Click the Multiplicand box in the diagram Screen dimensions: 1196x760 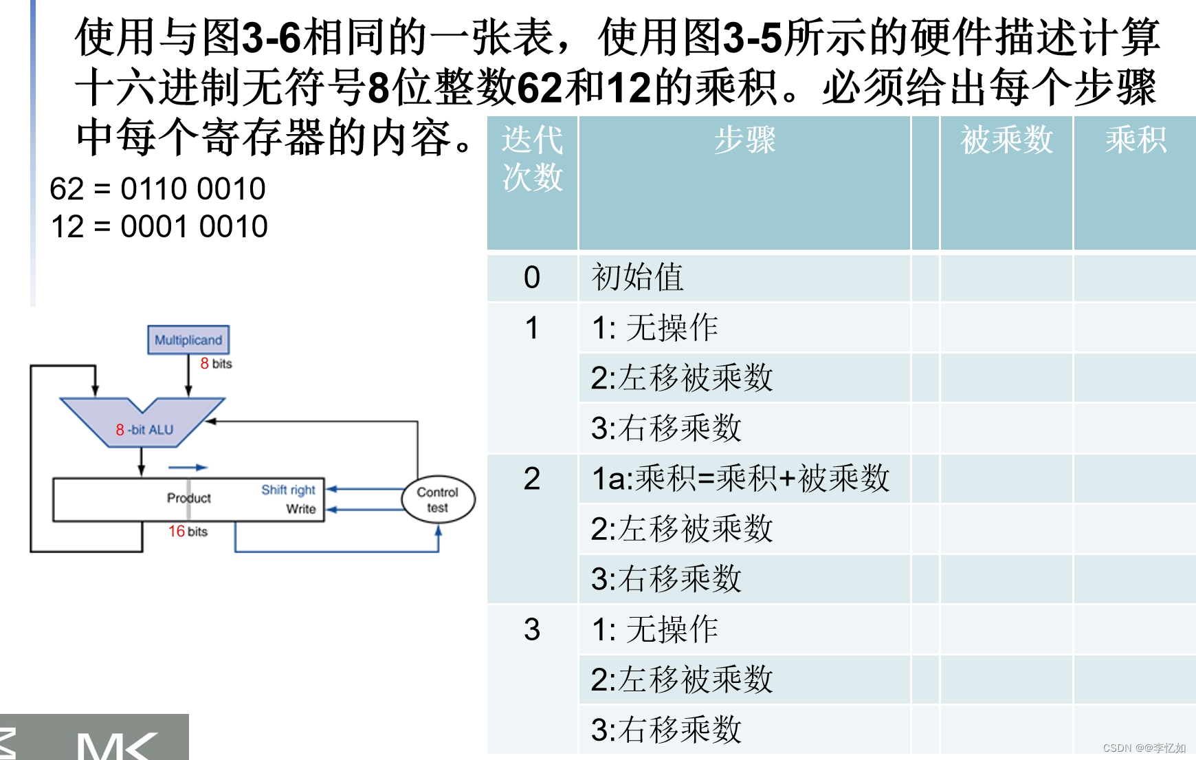tap(188, 340)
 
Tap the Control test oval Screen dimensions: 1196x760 tap(437, 500)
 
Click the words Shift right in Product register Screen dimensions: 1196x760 tap(288, 490)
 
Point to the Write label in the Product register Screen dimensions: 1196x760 tap(301, 509)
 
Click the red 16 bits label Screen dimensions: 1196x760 tap(188, 532)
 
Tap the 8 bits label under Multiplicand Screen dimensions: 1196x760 tap(216, 364)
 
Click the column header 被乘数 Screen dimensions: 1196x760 tap(1006, 140)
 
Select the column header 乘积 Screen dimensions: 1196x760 tap(1136, 140)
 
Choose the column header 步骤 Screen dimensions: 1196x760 tap(744, 140)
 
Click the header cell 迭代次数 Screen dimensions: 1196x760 tap(532, 158)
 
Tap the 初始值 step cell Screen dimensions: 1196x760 tap(637, 278)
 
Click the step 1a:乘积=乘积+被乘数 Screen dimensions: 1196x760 tap(740, 479)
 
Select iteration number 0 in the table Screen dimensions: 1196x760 tap(532, 278)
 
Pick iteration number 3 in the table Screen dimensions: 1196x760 tap(532, 629)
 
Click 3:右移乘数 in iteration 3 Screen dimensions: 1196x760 tap(666, 730)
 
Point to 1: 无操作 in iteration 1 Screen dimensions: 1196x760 tap(654, 327)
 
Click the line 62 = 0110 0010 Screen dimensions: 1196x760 tap(157, 189)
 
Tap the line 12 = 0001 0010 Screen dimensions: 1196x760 tap(159, 227)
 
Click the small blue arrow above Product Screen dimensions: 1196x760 tap(188, 468)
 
